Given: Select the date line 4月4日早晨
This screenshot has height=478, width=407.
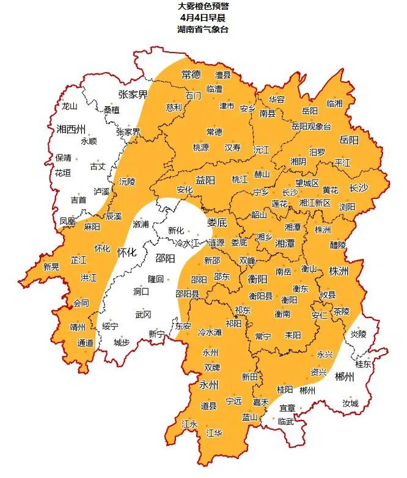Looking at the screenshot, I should coord(204,18).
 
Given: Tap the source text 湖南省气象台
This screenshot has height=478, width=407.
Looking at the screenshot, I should coord(204,29).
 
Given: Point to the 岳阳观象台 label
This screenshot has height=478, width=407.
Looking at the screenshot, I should coord(310,126).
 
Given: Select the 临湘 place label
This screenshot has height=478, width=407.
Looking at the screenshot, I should coord(334,103).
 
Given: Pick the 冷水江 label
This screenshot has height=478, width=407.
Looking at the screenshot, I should coord(188,243).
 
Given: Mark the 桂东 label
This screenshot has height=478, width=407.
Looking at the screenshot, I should coord(363,364).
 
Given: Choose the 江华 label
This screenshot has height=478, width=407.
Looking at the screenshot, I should coord(214,433).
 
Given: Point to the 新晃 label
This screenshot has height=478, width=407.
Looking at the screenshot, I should coord(51,266).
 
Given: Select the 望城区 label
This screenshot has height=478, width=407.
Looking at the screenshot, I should coord(307,183).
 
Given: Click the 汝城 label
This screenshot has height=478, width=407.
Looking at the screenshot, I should coord(351,404).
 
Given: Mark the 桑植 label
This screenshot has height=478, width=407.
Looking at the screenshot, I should coord(112,110).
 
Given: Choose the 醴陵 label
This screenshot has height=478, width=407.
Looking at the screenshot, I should coord(337,244).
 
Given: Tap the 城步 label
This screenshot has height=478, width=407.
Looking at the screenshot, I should coord(122,342).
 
